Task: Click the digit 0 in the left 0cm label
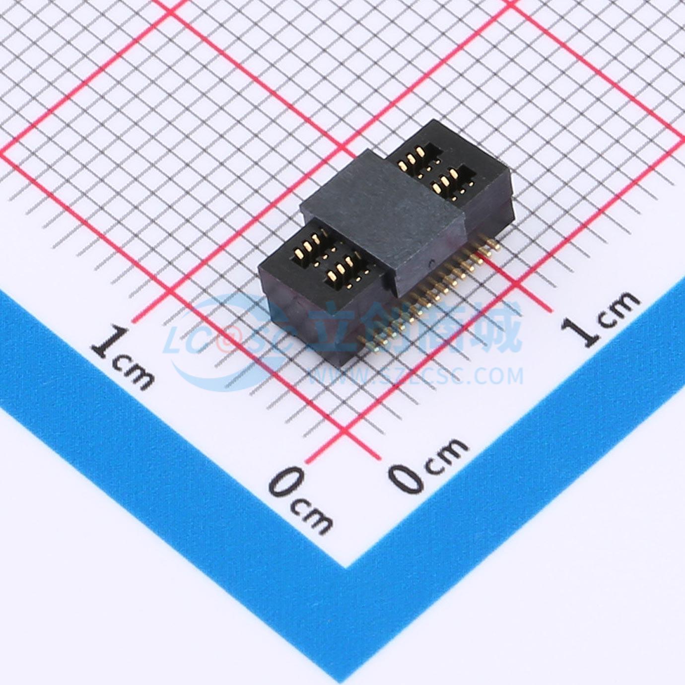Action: coord(286,481)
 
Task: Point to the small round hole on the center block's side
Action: coord(431,264)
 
